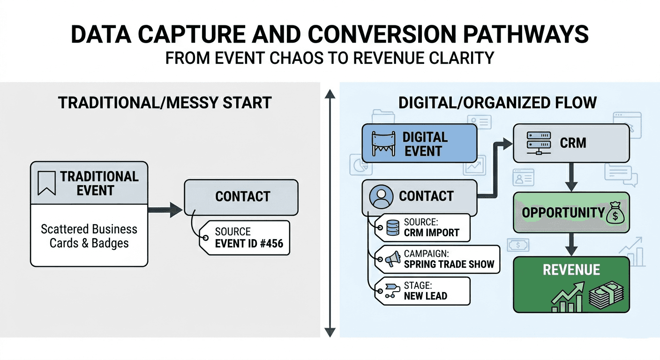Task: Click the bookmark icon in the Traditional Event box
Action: (47, 183)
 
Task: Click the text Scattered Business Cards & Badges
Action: (89, 236)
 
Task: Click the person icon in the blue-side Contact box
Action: (381, 196)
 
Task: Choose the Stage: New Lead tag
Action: (422, 290)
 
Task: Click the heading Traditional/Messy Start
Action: (165, 103)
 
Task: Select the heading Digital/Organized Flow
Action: (497, 103)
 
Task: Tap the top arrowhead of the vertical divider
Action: (330, 94)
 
